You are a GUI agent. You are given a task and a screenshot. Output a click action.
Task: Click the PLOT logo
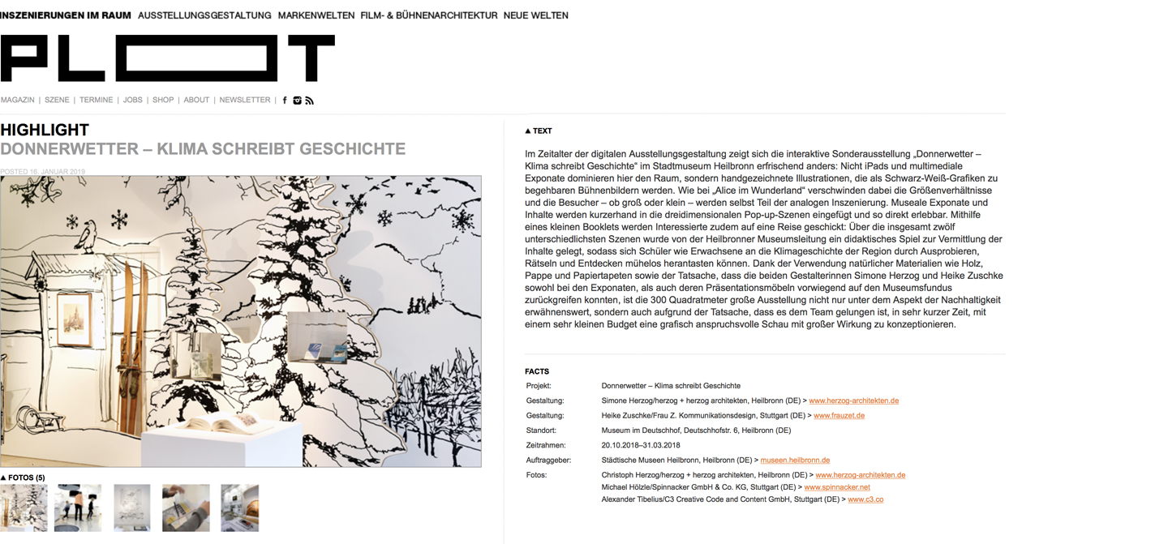167,58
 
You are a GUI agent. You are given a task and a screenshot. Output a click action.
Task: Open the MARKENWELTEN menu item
316,15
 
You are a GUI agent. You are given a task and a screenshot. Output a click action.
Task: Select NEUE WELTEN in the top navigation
535,15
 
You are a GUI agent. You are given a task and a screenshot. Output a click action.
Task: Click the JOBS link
132,101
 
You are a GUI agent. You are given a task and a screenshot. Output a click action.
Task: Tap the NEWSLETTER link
244,101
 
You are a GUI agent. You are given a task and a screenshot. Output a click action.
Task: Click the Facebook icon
285,101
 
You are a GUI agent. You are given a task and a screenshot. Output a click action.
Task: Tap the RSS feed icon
310,101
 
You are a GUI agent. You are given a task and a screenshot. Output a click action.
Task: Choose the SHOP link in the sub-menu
163,101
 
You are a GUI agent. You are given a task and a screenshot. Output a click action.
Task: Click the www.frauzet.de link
839,416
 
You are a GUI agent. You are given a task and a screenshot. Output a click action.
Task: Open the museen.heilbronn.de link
794,460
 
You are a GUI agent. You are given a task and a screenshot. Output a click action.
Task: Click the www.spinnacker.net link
836,487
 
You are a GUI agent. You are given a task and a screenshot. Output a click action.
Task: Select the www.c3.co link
865,500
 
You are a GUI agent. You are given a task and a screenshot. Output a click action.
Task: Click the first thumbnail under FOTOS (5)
24,508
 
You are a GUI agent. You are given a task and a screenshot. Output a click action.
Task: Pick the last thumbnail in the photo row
239,508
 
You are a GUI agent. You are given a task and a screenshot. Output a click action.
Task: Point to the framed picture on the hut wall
75,319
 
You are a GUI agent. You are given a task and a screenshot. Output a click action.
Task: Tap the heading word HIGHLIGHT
45,130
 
